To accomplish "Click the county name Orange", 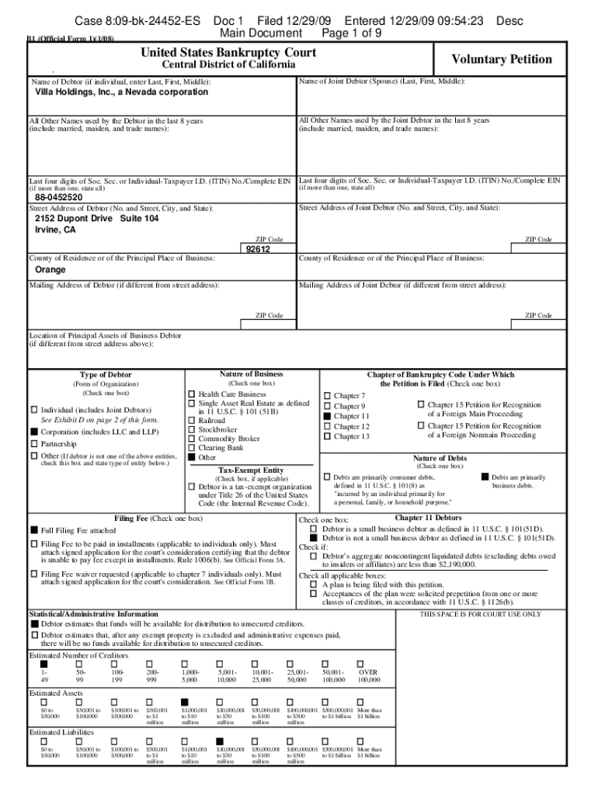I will point(50,270).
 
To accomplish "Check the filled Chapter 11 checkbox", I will point(328,417).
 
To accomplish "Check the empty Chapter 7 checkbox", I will point(328,396).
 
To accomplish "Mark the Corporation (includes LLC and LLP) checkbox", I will point(34,431).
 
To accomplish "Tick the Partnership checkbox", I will point(34,444).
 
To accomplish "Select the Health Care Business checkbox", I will point(192,394).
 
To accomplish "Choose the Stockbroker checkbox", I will point(192,429).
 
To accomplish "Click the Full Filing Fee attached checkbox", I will point(34,529).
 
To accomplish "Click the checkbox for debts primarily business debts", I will point(485,477).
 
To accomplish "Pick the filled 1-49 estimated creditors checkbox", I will point(44,665).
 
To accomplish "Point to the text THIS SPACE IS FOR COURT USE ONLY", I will point(480,614).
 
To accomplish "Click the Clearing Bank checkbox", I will point(192,448).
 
